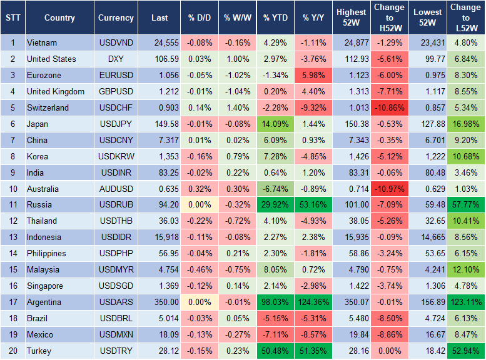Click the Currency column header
click(116, 18)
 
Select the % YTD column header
click(276, 18)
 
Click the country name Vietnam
click(42, 43)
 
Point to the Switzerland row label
click(48, 108)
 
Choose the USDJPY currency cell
click(116, 124)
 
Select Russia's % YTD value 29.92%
click(276, 204)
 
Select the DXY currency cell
click(116, 59)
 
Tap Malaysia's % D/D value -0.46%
click(198, 270)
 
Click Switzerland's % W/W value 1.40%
click(236, 108)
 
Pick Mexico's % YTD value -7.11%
click(276, 335)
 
